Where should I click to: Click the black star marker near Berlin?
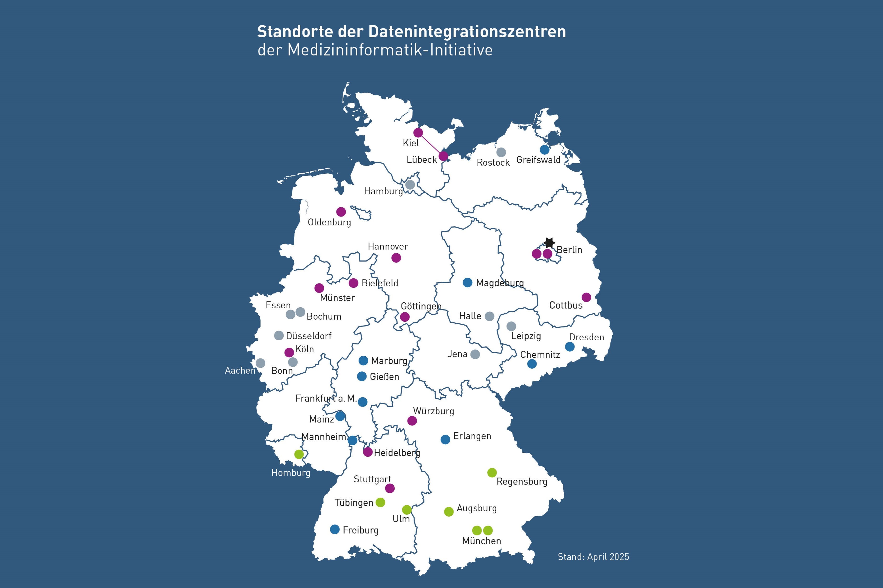(549, 243)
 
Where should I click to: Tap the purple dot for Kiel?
(418, 133)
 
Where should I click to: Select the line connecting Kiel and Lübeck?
(431, 144)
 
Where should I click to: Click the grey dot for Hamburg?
(410, 185)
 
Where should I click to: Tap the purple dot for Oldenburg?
(341, 212)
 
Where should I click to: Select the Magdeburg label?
(500, 283)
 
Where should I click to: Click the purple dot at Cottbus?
(586, 297)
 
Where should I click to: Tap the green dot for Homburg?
(299, 454)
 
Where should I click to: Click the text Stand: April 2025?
(593, 557)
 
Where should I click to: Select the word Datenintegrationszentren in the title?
(467, 32)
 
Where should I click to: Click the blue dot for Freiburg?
(335, 529)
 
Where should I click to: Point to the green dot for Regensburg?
(492, 473)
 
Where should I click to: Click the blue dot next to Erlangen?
(445, 440)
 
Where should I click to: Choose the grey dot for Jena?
(475, 354)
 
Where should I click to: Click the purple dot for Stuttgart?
(390, 488)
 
